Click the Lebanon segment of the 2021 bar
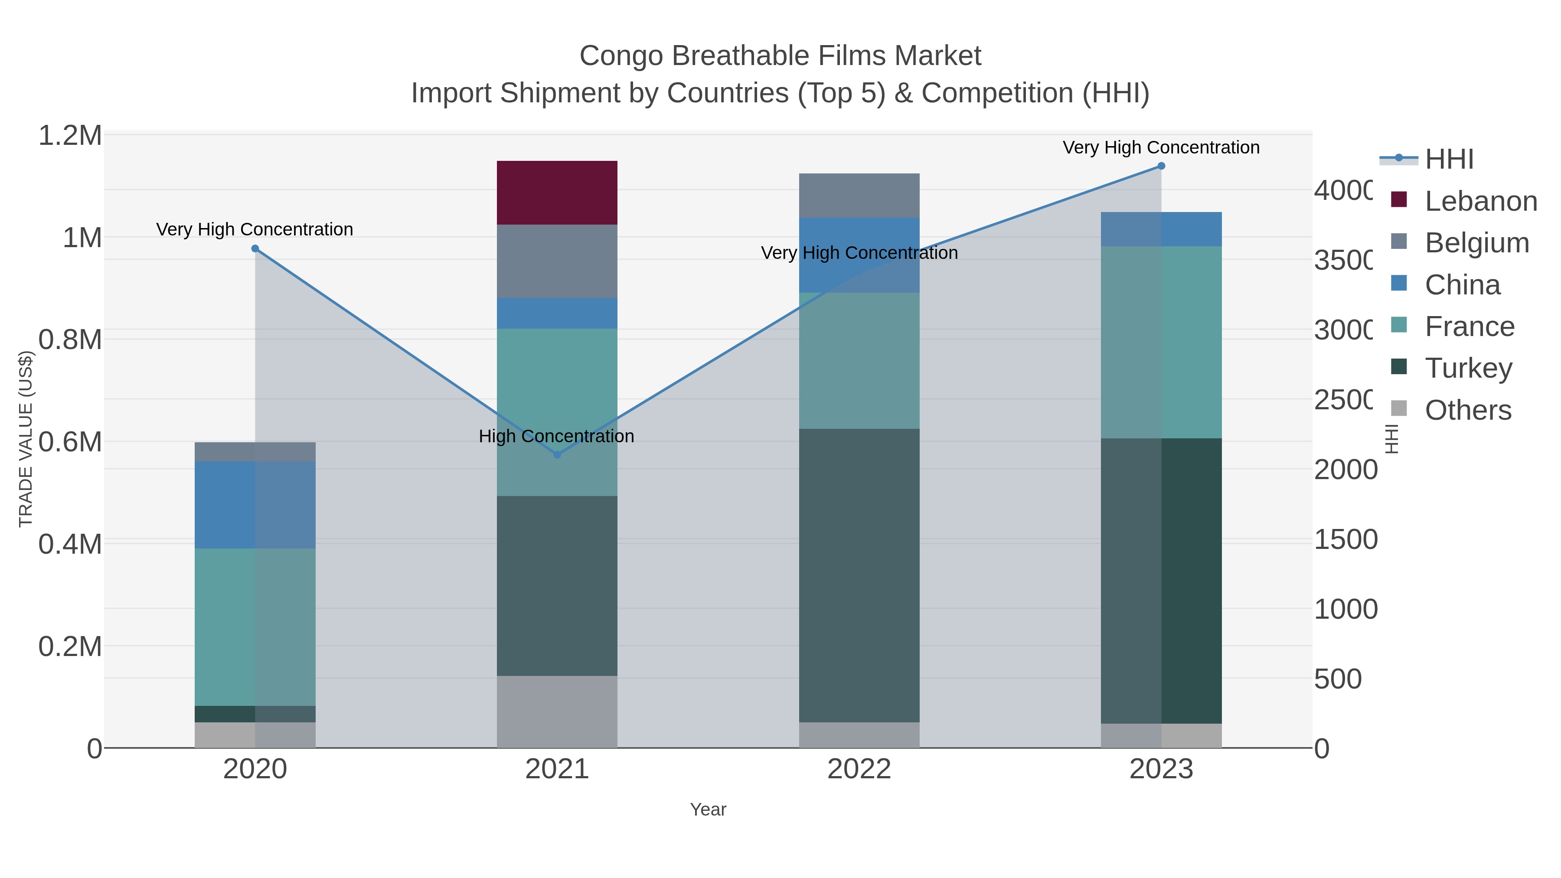click(557, 193)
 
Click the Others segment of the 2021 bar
click(557, 712)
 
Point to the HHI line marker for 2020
click(255, 248)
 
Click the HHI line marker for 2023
click(1161, 166)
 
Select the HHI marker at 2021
click(557, 454)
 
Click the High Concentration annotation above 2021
click(556, 436)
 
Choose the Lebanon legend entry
click(1480, 201)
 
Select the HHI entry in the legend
click(1448, 160)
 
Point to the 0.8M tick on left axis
click(70, 340)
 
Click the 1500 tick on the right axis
click(1345, 540)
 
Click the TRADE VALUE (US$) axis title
click(26, 439)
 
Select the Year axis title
click(708, 809)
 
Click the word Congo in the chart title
click(621, 56)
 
